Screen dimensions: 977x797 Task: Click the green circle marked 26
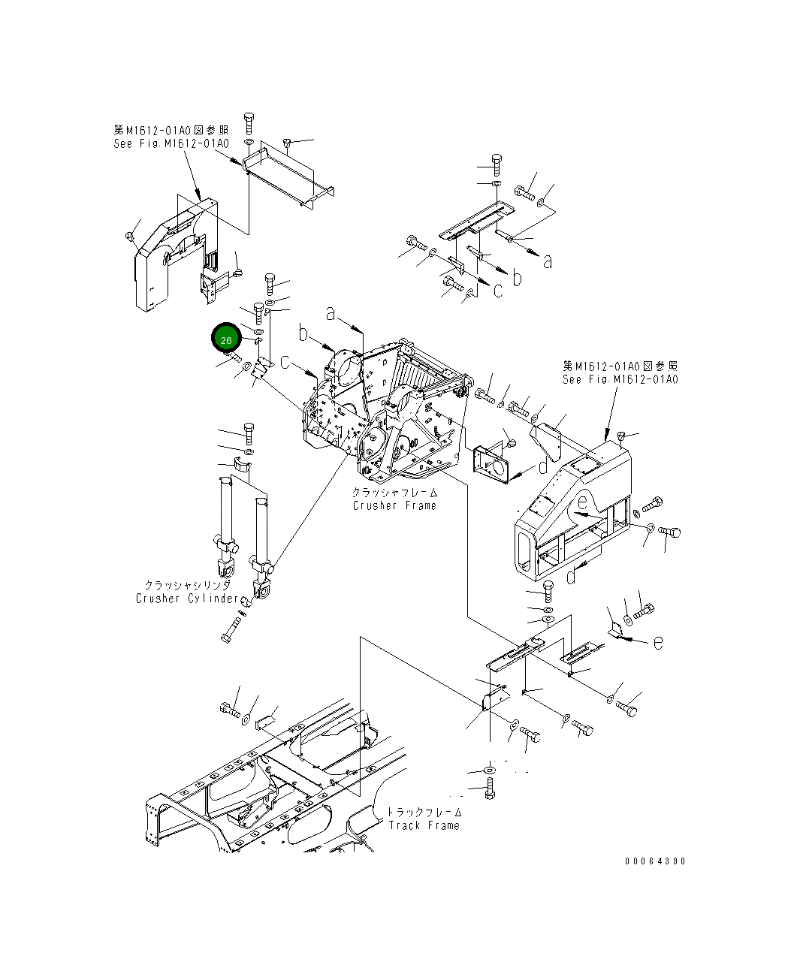(226, 339)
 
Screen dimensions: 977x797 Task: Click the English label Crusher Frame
(394, 505)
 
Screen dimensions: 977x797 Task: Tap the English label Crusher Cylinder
(188, 599)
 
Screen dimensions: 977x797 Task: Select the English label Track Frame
(424, 825)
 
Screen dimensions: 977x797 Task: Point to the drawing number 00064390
(654, 861)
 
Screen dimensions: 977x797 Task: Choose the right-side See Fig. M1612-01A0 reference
(620, 379)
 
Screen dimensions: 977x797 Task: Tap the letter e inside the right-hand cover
(581, 504)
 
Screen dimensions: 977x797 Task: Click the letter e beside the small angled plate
(657, 642)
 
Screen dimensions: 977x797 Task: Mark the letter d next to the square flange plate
(542, 468)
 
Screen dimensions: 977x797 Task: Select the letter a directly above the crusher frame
(330, 313)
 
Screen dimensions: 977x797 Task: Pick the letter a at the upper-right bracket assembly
(548, 261)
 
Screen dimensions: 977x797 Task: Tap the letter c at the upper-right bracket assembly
(498, 290)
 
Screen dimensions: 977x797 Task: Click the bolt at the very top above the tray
(249, 122)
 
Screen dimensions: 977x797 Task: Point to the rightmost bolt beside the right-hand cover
(669, 532)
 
